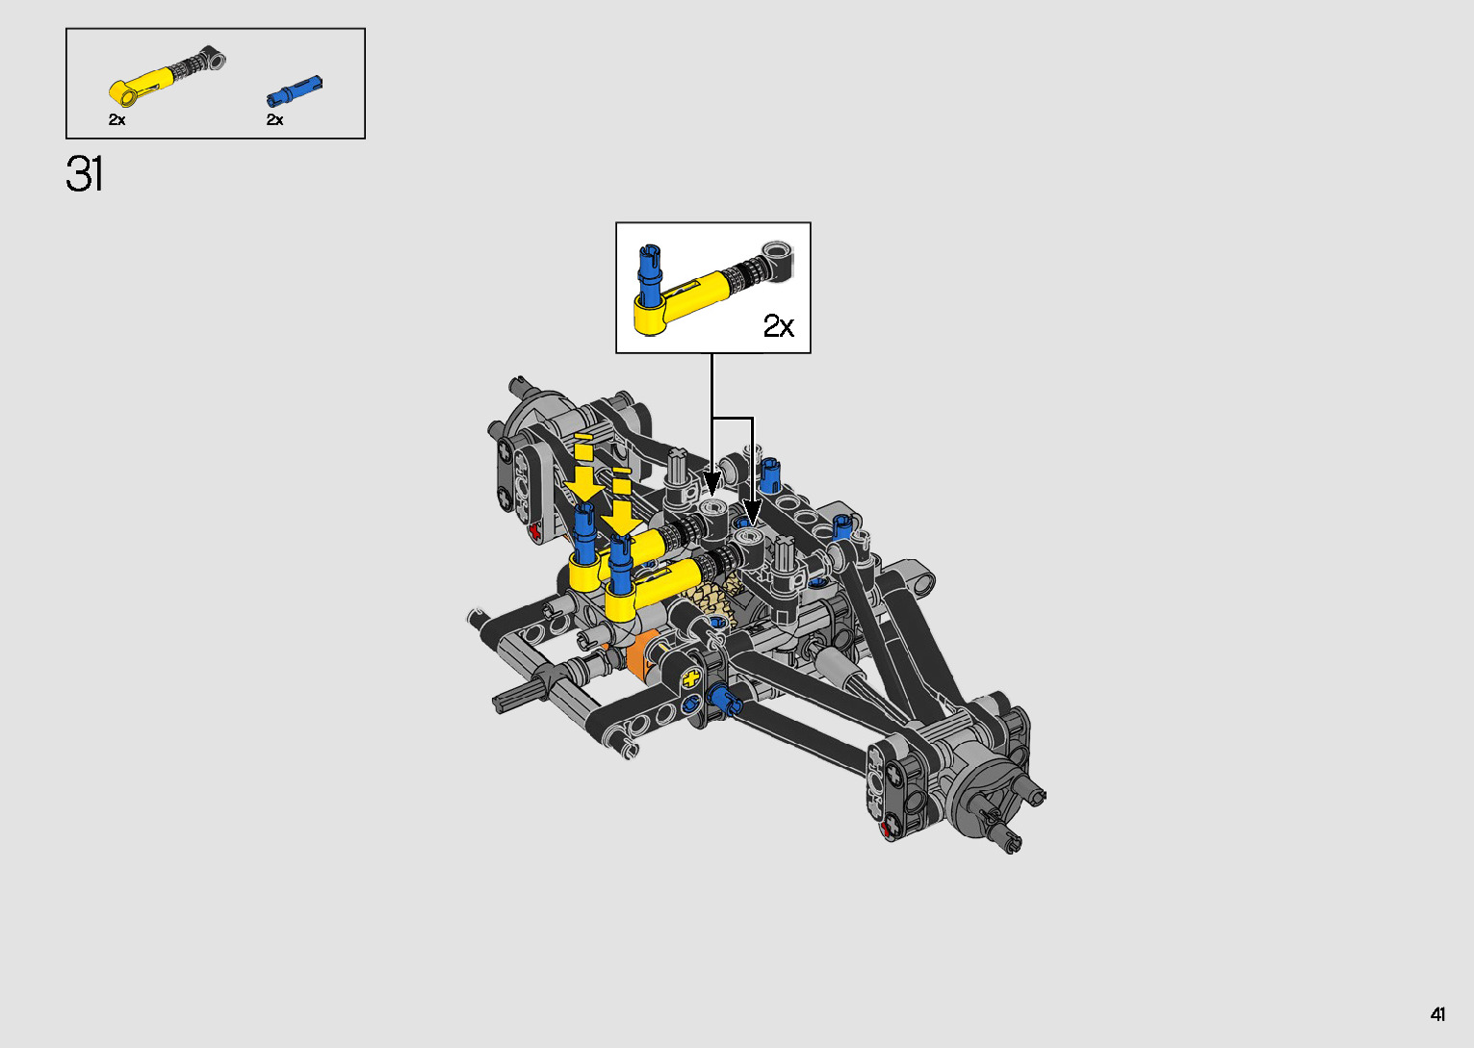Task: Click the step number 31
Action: coord(84,174)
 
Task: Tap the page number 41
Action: coord(1437,1014)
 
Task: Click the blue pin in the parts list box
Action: coord(295,90)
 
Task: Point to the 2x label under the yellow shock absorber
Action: coord(117,119)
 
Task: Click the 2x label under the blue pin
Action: coord(275,119)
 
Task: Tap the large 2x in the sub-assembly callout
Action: coord(779,325)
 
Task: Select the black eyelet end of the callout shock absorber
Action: coord(778,260)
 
